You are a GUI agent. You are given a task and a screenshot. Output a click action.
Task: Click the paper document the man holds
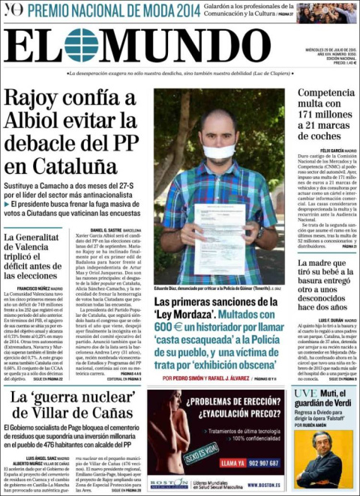(220, 238)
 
